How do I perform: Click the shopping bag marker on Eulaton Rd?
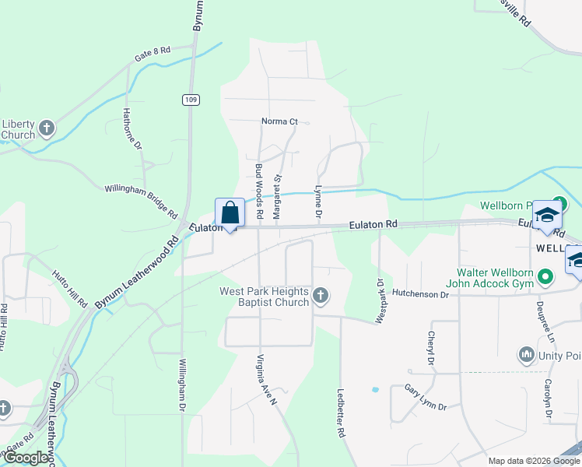(230, 212)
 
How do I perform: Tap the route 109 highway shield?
(191, 100)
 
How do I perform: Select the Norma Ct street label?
(279, 121)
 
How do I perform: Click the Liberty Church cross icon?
(47, 127)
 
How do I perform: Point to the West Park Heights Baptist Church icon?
(320, 295)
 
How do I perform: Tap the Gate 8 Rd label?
(153, 53)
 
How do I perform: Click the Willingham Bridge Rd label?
(141, 201)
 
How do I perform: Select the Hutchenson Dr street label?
(421, 294)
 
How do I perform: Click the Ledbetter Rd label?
(340, 413)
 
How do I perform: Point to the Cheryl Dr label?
(429, 348)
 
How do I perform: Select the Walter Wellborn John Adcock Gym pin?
(546, 276)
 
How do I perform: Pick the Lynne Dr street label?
(317, 201)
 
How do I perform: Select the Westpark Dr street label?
(380, 301)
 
